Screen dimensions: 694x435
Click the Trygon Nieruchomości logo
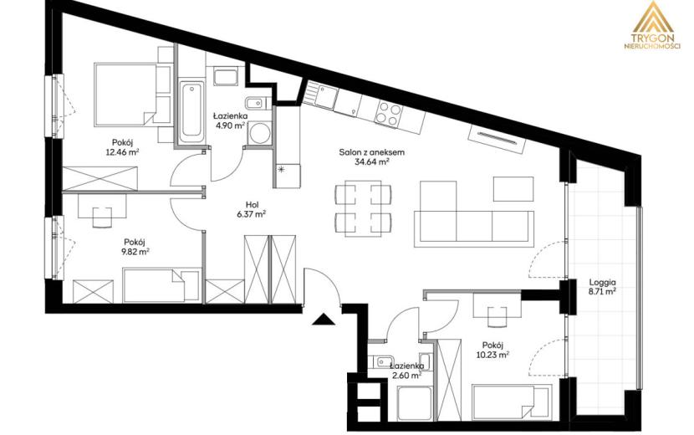652,25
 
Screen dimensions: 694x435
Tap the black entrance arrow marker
324,320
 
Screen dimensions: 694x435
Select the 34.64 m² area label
372,162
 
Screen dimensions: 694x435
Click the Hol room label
253,205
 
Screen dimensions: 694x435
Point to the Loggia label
602,282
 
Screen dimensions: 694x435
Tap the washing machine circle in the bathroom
258,133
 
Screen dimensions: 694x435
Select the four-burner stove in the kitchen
388,113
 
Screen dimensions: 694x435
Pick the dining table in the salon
364,208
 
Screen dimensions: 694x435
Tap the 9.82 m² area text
136,252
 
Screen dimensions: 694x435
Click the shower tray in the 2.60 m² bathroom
415,403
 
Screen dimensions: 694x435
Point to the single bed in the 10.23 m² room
512,402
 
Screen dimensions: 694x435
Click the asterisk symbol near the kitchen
280,169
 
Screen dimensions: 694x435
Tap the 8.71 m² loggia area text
602,292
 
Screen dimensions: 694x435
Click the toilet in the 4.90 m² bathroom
255,104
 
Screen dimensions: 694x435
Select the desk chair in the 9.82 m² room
102,217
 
